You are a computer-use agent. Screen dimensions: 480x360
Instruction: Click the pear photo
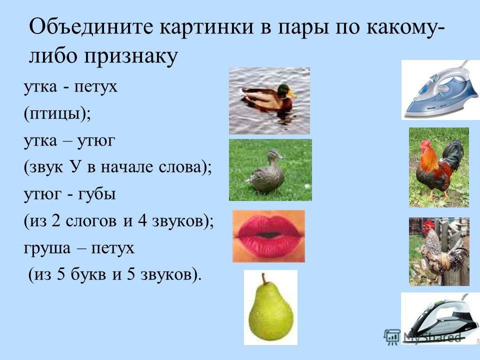click(270, 307)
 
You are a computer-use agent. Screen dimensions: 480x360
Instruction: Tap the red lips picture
click(269, 236)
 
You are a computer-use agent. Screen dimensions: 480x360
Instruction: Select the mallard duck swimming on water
click(269, 100)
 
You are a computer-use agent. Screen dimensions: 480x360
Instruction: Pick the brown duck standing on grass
click(270, 170)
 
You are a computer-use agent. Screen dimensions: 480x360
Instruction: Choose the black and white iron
click(440, 318)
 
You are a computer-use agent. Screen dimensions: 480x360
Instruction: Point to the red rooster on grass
click(439, 167)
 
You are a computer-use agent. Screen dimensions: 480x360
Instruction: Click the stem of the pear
click(263, 278)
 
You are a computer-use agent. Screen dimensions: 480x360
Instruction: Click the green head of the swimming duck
click(284, 89)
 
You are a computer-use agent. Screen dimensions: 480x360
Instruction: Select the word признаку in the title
click(130, 56)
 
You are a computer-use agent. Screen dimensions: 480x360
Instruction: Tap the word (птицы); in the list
click(57, 114)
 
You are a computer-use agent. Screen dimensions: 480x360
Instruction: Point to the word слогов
click(91, 221)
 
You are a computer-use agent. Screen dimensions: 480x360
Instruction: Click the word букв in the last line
click(88, 274)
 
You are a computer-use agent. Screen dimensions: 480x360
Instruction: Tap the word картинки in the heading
click(206, 27)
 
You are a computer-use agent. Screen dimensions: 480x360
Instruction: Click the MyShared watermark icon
click(391, 336)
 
